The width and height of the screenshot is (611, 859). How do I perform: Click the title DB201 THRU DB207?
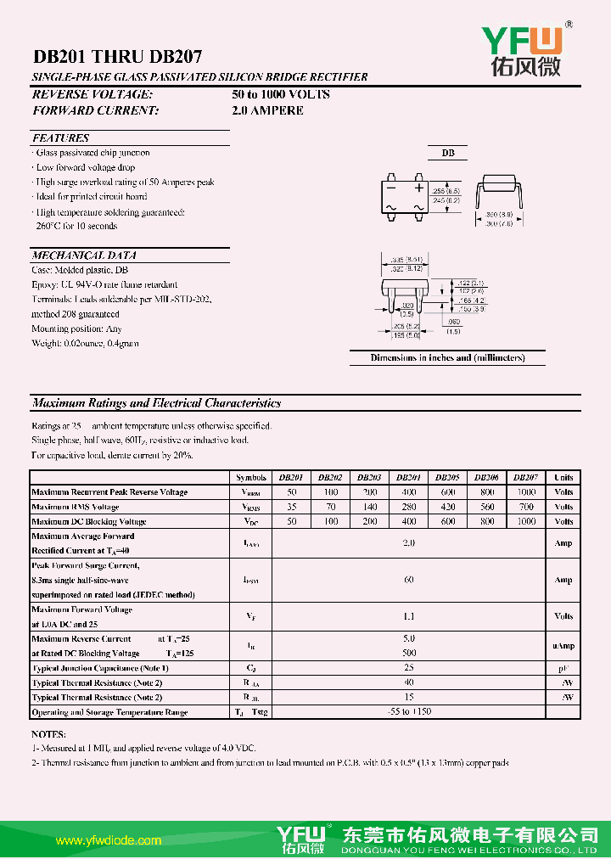click(117, 57)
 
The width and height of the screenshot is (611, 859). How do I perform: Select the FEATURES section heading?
click(60, 138)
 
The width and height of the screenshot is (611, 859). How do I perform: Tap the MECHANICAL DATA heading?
click(84, 255)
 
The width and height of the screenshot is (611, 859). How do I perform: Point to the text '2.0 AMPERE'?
click(267, 110)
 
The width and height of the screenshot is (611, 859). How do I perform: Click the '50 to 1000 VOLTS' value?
click(281, 94)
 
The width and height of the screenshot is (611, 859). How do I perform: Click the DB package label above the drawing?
click(447, 153)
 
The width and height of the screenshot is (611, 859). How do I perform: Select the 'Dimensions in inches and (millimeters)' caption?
click(447, 357)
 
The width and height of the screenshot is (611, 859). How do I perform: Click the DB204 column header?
click(408, 478)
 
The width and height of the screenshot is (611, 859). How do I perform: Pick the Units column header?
click(563, 478)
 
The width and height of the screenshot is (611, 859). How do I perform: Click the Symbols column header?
click(250, 478)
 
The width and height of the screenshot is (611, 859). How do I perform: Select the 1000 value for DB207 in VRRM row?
click(526, 492)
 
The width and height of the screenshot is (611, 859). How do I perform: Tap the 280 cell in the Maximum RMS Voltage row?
click(409, 507)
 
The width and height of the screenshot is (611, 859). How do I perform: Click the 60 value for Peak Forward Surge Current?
click(409, 580)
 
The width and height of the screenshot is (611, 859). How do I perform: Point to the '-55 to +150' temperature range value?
click(409, 711)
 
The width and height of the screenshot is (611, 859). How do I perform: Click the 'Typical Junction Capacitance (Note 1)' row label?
click(100, 668)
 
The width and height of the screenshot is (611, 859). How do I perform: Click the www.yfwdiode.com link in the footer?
click(108, 840)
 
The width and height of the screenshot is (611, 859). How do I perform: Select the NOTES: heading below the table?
click(48, 733)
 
